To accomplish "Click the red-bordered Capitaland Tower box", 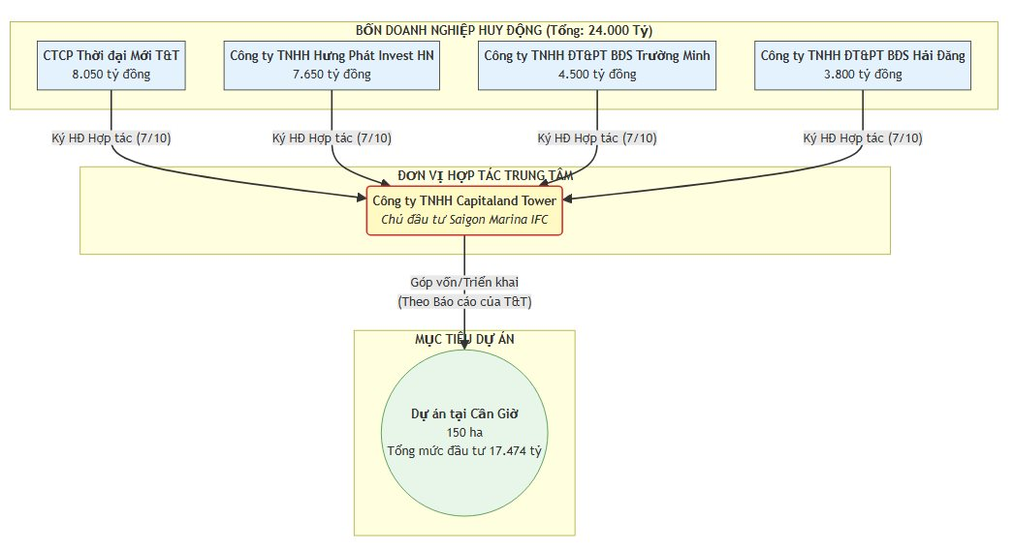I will [x=464, y=209].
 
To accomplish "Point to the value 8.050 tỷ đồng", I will [x=111, y=74].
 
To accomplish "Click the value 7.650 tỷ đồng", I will [x=332, y=74].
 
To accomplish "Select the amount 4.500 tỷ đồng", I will [x=596, y=74].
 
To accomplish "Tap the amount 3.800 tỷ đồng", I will [x=863, y=74].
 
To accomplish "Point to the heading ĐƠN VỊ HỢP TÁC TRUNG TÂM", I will [x=485, y=175].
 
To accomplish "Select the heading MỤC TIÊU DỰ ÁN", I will [x=464, y=339].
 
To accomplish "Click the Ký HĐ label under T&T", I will [x=111, y=138].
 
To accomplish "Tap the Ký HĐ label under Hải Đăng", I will [x=863, y=138].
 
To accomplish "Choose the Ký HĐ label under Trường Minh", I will [x=596, y=138].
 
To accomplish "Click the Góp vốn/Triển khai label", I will [x=464, y=282].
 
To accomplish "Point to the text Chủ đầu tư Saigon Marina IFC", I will [x=464, y=219].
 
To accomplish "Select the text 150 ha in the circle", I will [x=464, y=432].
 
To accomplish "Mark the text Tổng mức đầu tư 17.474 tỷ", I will [x=464, y=450].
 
